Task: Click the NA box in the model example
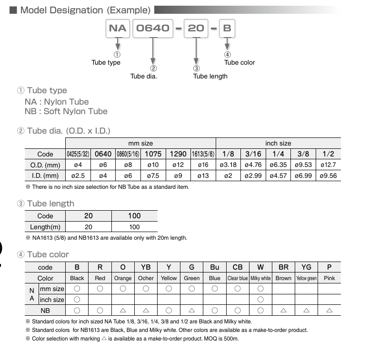point(118,28)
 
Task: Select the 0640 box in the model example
point(153,28)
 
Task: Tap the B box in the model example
point(227,28)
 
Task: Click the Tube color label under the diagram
point(239,62)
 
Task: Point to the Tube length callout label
point(210,76)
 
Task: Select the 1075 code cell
point(153,154)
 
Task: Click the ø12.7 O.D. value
point(329,165)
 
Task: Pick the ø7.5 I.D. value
point(153,175)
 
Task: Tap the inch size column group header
point(278,143)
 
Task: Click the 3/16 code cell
point(253,154)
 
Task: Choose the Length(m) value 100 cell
point(134,227)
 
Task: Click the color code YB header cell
point(146,267)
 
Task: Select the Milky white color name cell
point(260,278)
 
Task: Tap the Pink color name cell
point(329,278)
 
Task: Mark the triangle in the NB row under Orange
point(123,310)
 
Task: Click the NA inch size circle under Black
point(77,300)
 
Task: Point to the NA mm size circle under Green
point(192,289)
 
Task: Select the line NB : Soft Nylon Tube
point(66,111)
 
